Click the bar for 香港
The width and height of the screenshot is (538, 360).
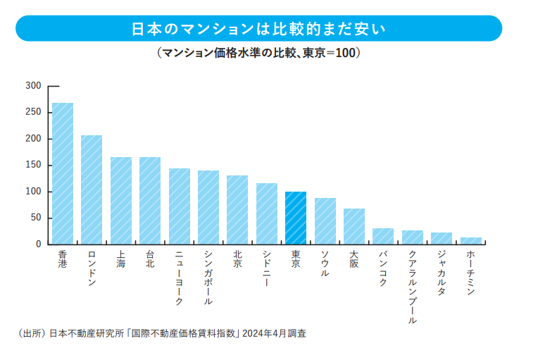pyautogui.click(x=63, y=173)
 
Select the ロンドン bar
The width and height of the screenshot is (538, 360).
pyautogui.click(x=92, y=190)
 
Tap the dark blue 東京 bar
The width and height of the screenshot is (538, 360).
pyautogui.click(x=296, y=218)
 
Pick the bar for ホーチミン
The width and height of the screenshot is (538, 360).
pyautogui.click(x=470, y=241)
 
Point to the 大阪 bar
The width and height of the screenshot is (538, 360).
pyautogui.click(x=354, y=227)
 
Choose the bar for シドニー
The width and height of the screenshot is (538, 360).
pyautogui.click(x=267, y=213)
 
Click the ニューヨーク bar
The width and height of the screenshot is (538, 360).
pyautogui.click(x=180, y=206)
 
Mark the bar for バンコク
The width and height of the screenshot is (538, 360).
pyautogui.click(x=383, y=237)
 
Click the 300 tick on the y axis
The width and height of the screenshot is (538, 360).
pyautogui.click(x=33, y=86)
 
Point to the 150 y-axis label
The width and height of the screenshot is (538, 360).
pyautogui.click(x=33, y=165)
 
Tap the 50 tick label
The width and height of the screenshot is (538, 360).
pyautogui.click(x=36, y=218)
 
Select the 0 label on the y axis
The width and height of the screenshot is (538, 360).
pyautogui.click(x=39, y=244)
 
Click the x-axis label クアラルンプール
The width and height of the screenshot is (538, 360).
pyautogui.click(x=413, y=287)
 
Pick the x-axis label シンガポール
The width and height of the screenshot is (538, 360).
pyautogui.click(x=208, y=278)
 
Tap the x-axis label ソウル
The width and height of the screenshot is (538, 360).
pyautogui.click(x=325, y=263)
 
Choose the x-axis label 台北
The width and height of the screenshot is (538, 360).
pyautogui.click(x=150, y=259)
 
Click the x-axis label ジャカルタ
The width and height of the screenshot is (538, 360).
pyautogui.click(x=442, y=273)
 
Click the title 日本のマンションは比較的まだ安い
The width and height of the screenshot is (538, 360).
pyautogui.click(x=258, y=29)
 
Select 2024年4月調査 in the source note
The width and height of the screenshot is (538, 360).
pyautogui.click(x=274, y=333)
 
